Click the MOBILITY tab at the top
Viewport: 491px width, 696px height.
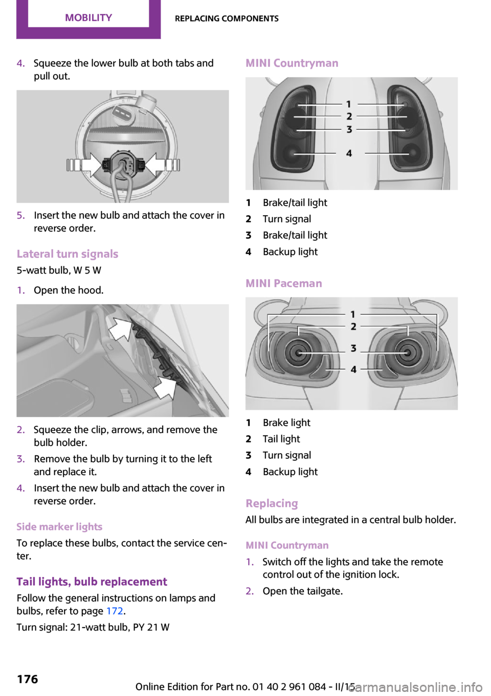88,18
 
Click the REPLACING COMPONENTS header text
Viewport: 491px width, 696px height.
227,19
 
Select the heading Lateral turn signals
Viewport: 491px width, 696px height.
68,254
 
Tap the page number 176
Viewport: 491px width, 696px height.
28,679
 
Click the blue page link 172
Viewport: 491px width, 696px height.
115,611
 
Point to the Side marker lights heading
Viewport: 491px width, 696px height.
59,527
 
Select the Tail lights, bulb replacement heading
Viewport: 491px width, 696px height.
92,582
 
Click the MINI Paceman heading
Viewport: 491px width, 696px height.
284,284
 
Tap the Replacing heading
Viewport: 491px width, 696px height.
272,504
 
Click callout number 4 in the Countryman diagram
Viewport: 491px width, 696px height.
349,153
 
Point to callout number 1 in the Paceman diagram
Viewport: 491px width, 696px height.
353,314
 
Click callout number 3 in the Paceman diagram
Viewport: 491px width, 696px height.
353,349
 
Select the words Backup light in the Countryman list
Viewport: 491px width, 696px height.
290,252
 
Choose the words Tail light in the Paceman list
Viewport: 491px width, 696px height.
281,439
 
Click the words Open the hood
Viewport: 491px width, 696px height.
69,290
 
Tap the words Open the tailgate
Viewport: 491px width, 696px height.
303,591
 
